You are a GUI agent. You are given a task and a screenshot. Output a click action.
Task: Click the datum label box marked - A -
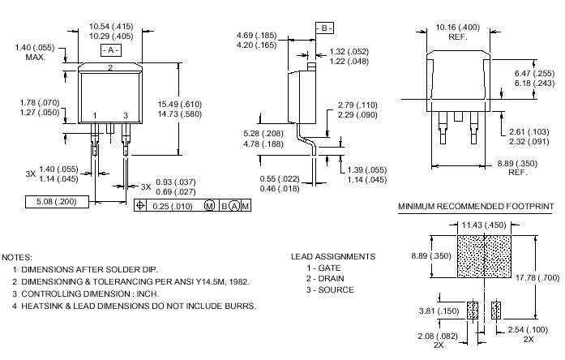110,50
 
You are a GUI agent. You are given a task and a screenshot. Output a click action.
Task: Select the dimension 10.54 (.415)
111,27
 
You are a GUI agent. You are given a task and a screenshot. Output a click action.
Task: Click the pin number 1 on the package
95,116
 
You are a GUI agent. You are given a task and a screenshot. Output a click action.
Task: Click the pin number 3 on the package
125,116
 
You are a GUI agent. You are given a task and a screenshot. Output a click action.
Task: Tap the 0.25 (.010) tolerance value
173,207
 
